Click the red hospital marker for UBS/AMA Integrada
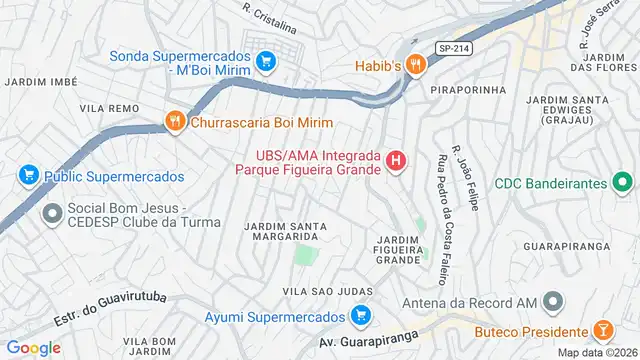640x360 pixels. [398, 160]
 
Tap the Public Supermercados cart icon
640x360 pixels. [28, 176]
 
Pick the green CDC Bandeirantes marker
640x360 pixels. [621, 183]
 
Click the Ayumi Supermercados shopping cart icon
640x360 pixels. [361, 318]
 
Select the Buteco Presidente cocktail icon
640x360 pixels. [603, 331]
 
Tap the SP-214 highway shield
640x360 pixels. [451, 46]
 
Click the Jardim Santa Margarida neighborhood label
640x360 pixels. [283, 231]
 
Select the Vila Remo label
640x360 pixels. [108, 106]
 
